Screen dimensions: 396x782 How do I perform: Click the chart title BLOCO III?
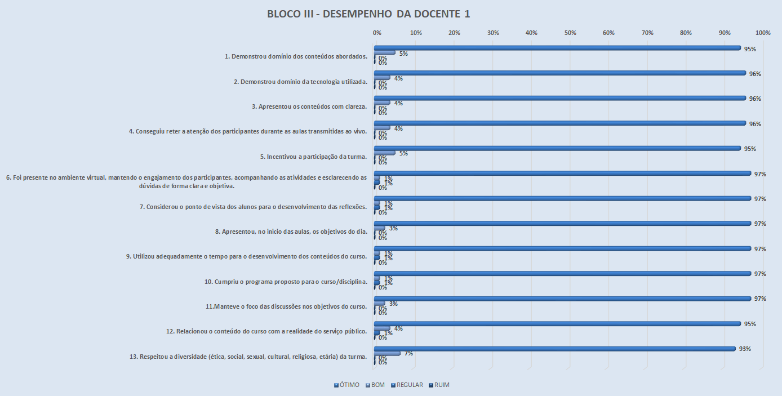click(368, 14)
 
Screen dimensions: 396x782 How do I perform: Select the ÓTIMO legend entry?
click(346, 385)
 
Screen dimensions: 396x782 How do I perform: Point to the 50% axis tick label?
click(570, 33)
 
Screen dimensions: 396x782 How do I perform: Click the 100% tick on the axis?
click(763, 33)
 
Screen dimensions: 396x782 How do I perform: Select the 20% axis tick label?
click(454, 33)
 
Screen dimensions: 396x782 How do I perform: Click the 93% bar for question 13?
click(555, 349)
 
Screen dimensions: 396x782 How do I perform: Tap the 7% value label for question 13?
click(408, 354)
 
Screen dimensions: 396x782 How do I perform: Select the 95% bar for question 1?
click(558, 48)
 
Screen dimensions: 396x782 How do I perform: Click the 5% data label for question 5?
click(403, 153)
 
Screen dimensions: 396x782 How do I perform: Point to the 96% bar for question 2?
click(560, 73)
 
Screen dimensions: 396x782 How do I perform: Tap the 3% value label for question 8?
click(393, 228)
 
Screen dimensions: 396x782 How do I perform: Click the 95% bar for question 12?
click(558, 323)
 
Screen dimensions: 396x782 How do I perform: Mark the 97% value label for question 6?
click(760, 174)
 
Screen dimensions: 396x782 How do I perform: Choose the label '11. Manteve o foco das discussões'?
click(287, 306)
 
